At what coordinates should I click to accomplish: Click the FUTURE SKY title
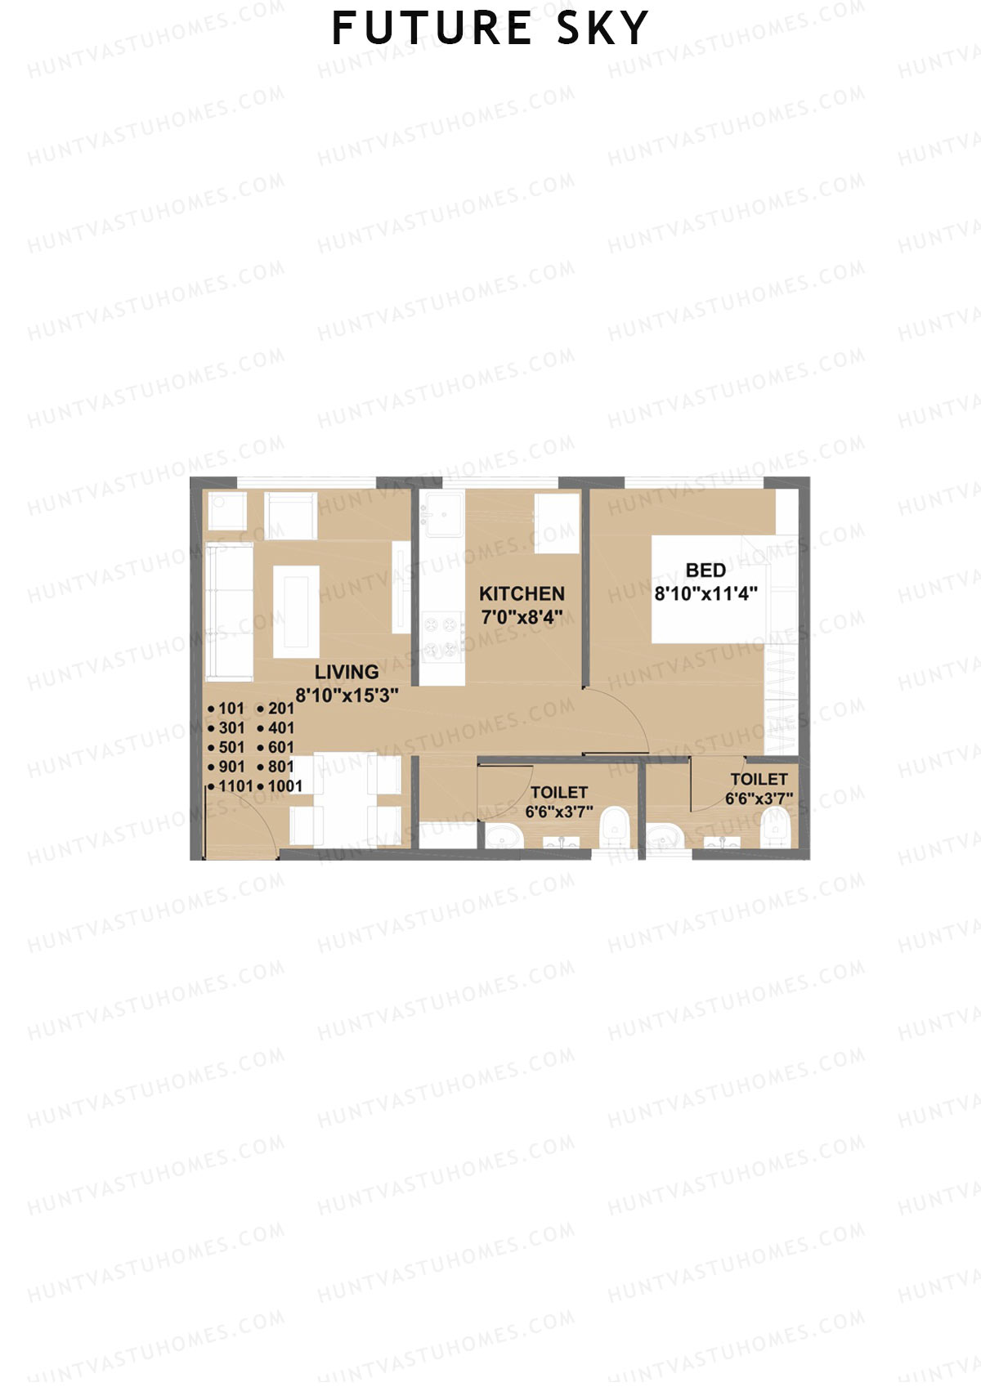click(x=490, y=29)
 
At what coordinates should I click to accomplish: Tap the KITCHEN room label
click(x=522, y=593)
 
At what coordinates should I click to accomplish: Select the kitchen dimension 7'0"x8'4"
click(x=522, y=617)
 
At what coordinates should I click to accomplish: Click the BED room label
click(x=706, y=570)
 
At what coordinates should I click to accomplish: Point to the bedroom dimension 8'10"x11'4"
click(x=706, y=593)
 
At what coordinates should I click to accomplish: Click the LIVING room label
click(x=347, y=672)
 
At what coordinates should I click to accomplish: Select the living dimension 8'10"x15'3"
click(x=347, y=696)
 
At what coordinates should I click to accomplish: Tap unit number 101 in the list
click(x=231, y=709)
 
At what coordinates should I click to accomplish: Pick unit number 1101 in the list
click(x=235, y=786)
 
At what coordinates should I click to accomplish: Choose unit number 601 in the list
click(x=280, y=747)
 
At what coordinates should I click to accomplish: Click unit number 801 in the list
click(x=280, y=767)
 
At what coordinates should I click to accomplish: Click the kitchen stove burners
click(x=441, y=638)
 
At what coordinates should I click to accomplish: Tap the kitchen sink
click(x=442, y=515)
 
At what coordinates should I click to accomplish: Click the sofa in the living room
click(x=229, y=611)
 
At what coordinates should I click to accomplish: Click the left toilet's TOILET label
click(x=558, y=792)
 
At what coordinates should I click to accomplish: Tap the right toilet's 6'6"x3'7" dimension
click(x=759, y=799)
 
